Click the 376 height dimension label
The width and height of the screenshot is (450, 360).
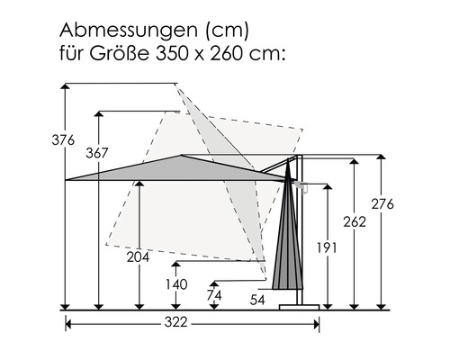point(63,140)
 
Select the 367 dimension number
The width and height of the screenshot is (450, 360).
point(97,153)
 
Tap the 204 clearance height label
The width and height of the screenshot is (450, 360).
point(138,257)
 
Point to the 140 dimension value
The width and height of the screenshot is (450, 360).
point(176,284)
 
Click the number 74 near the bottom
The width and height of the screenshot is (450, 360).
point(214,295)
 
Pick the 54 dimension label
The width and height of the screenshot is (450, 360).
point(257,300)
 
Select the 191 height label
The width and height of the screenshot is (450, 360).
point(327,247)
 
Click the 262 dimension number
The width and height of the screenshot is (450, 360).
point(355,222)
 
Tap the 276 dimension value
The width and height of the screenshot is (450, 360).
point(382,204)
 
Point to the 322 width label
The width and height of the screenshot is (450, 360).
point(176,322)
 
